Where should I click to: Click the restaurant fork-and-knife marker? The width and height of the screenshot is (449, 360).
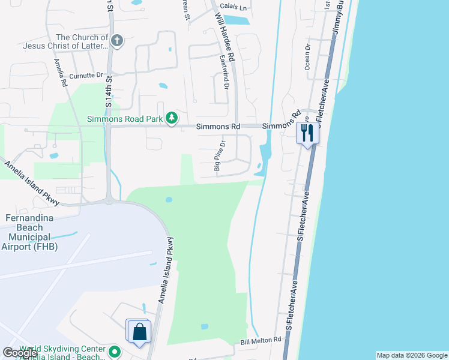coord(307,133)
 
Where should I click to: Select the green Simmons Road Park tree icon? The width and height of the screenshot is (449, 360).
coord(172,118)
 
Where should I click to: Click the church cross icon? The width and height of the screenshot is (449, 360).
coord(117,41)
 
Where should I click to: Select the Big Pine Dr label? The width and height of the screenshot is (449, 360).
coord(218,157)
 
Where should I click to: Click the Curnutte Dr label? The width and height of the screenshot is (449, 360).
coord(86,76)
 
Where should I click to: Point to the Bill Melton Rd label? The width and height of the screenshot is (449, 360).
coord(261,340)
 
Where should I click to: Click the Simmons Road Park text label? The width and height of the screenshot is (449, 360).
coord(125,119)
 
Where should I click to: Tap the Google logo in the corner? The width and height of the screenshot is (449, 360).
coord(20,353)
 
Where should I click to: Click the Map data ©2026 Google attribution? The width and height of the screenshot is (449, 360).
coord(412,355)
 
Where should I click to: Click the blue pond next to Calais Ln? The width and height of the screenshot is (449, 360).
coord(238,20)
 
